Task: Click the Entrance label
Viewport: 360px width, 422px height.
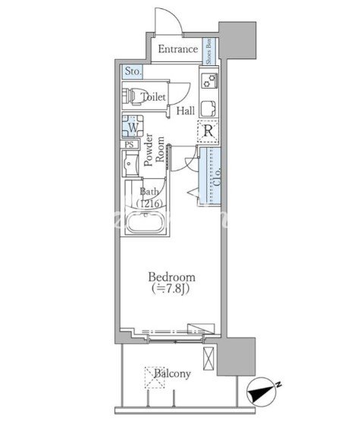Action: pos(177,49)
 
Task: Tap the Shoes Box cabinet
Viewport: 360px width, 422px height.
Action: pos(209,51)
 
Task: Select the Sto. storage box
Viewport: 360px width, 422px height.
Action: pos(133,71)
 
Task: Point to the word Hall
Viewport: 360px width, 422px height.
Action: pos(186,111)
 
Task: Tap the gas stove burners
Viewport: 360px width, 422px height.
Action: pos(209,80)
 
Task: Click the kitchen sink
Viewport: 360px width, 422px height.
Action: pos(209,108)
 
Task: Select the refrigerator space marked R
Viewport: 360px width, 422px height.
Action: pos(208,131)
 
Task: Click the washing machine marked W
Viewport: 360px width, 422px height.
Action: pos(133,127)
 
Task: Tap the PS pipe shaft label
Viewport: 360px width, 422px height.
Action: pos(130,145)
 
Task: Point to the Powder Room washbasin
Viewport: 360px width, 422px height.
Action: pos(130,164)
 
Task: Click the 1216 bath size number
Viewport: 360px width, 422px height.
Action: pos(149,203)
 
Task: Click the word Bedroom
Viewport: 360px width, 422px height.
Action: pos(172,277)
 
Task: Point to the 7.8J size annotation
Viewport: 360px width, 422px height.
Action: pos(171,289)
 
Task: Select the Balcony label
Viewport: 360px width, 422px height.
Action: pos(172,374)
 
